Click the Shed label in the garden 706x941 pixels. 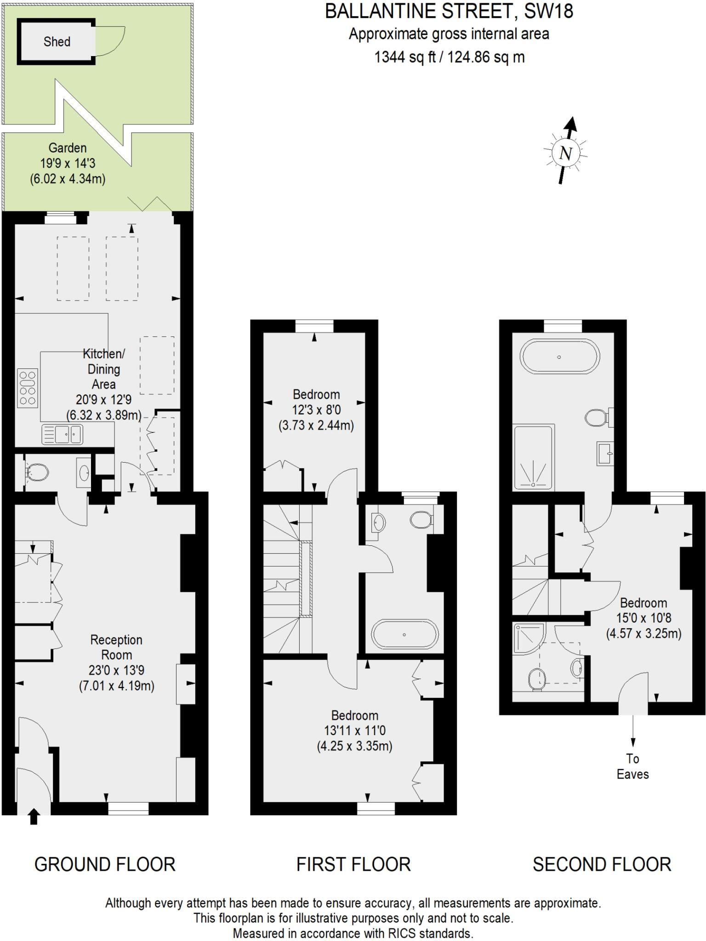(57, 42)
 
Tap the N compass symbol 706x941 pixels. (566, 153)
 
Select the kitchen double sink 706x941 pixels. (63, 434)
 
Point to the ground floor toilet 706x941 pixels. (37, 472)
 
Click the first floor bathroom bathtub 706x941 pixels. (404, 635)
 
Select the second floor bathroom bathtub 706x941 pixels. (559, 357)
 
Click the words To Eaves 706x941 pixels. (632, 766)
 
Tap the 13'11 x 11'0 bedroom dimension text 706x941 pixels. (354, 731)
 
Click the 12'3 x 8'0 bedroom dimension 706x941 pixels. (316, 409)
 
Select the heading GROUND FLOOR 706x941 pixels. (105, 865)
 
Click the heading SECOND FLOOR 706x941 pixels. (602, 865)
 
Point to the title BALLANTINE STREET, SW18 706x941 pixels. (449, 11)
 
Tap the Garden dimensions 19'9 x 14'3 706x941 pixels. (68, 163)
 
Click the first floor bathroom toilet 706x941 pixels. (421, 520)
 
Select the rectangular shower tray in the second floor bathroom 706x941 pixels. (533, 457)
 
